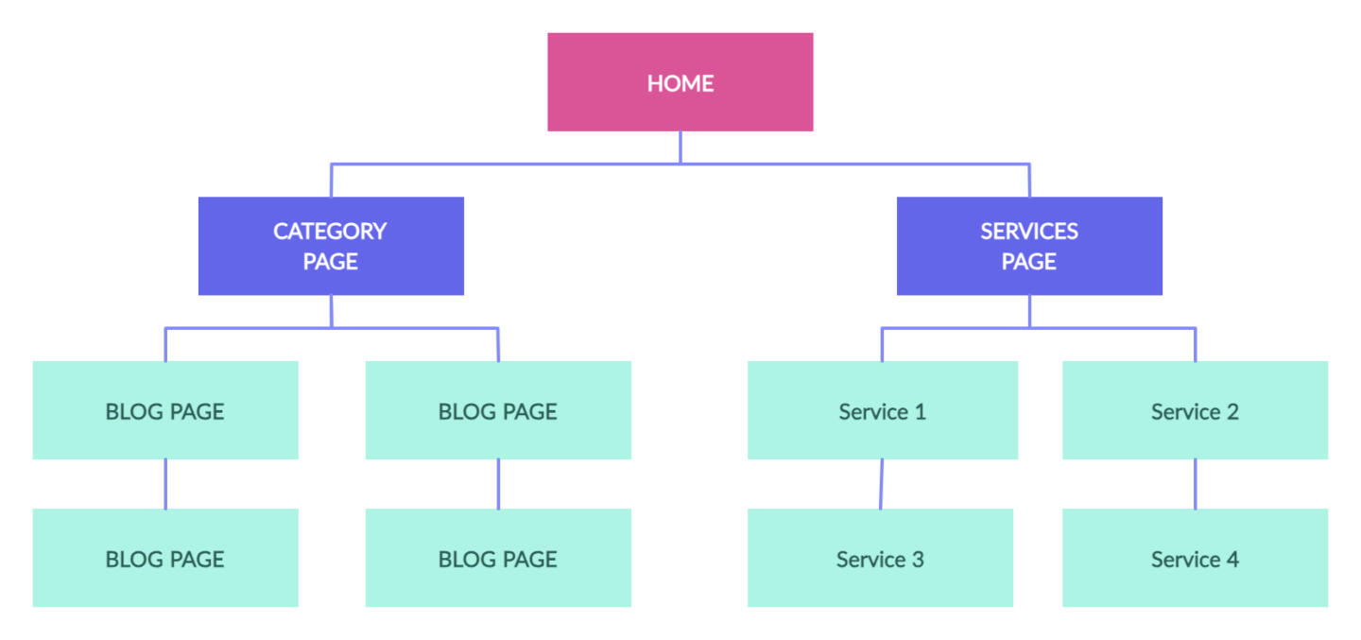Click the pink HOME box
pos(680,82)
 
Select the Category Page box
pos(331,246)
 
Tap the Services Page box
pos(1029,246)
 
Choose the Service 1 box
pos(882,410)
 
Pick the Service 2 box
pos(1195,410)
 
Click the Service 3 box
pos(880,558)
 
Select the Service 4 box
pos(1195,558)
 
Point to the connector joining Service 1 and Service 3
pos(881,484)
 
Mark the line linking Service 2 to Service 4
pos(1195,484)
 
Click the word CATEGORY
pos(330,231)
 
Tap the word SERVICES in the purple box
pos(1029,231)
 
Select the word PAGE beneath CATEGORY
pos(330,262)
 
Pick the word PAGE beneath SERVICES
pos(1029,262)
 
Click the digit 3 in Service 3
pos(918,560)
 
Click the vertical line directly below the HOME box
pos(680,147)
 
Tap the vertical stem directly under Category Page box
pos(332,311)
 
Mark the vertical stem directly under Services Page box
pos(1030,311)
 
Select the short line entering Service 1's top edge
pos(882,345)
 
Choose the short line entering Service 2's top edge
pos(1195,345)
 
